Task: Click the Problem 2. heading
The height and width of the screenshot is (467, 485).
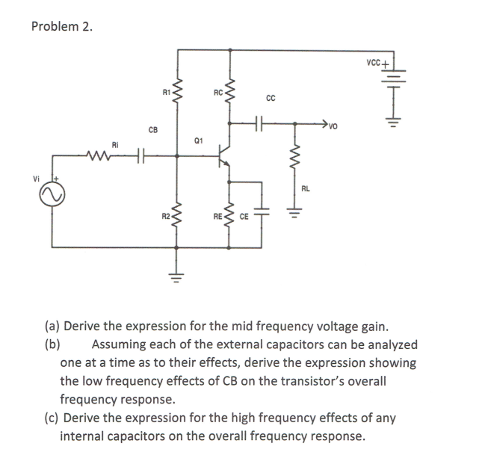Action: (63, 27)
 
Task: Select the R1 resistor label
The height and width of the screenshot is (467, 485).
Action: (167, 93)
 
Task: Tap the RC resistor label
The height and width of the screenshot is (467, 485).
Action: (218, 93)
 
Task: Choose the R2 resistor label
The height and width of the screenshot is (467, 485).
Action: (167, 217)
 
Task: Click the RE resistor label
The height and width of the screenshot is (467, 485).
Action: (218, 217)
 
